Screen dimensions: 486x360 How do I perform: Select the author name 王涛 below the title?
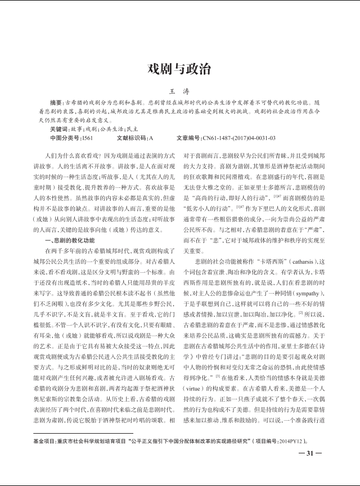(x=179, y=92)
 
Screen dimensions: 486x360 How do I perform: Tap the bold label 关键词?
(x=59, y=129)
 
